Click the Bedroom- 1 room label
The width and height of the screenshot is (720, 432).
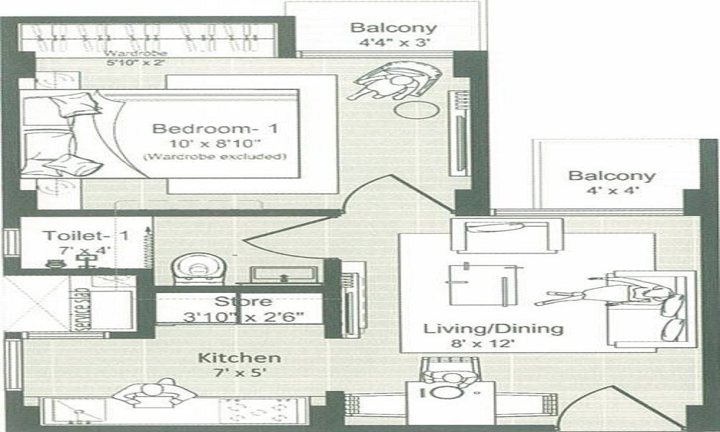(215, 130)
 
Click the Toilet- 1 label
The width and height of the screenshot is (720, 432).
(75, 235)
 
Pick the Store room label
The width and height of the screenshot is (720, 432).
(243, 302)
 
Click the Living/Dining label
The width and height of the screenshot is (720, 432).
(492, 329)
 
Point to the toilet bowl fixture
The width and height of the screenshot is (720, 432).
(197, 269)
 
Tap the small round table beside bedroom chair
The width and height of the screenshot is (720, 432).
(418, 109)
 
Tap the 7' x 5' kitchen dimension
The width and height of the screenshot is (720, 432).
(230, 374)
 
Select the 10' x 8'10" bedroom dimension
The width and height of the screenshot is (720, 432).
(215, 144)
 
